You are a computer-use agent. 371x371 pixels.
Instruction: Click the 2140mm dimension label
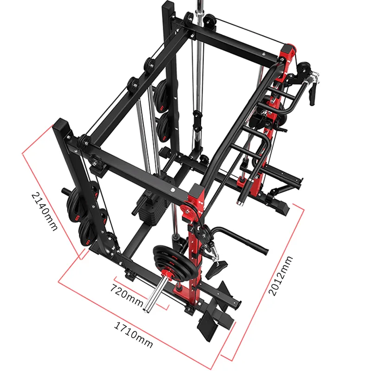tap(44, 211)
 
